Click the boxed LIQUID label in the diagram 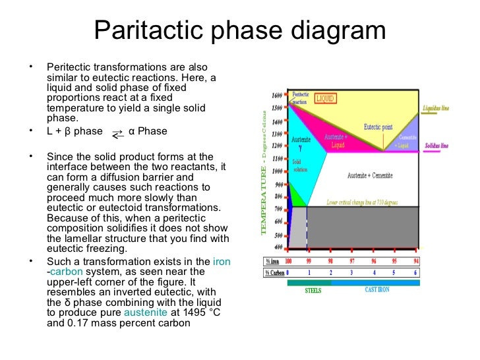click(x=325, y=98)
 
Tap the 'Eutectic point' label click(x=378, y=127)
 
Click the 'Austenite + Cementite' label click(x=369, y=176)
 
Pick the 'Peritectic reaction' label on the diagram click(x=300, y=98)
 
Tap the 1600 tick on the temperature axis click(x=277, y=96)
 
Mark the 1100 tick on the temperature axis click(x=277, y=159)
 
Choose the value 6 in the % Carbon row click(x=415, y=272)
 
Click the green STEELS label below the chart click(x=313, y=290)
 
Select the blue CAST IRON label click(x=376, y=290)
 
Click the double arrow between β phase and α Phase click(x=117, y=134)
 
